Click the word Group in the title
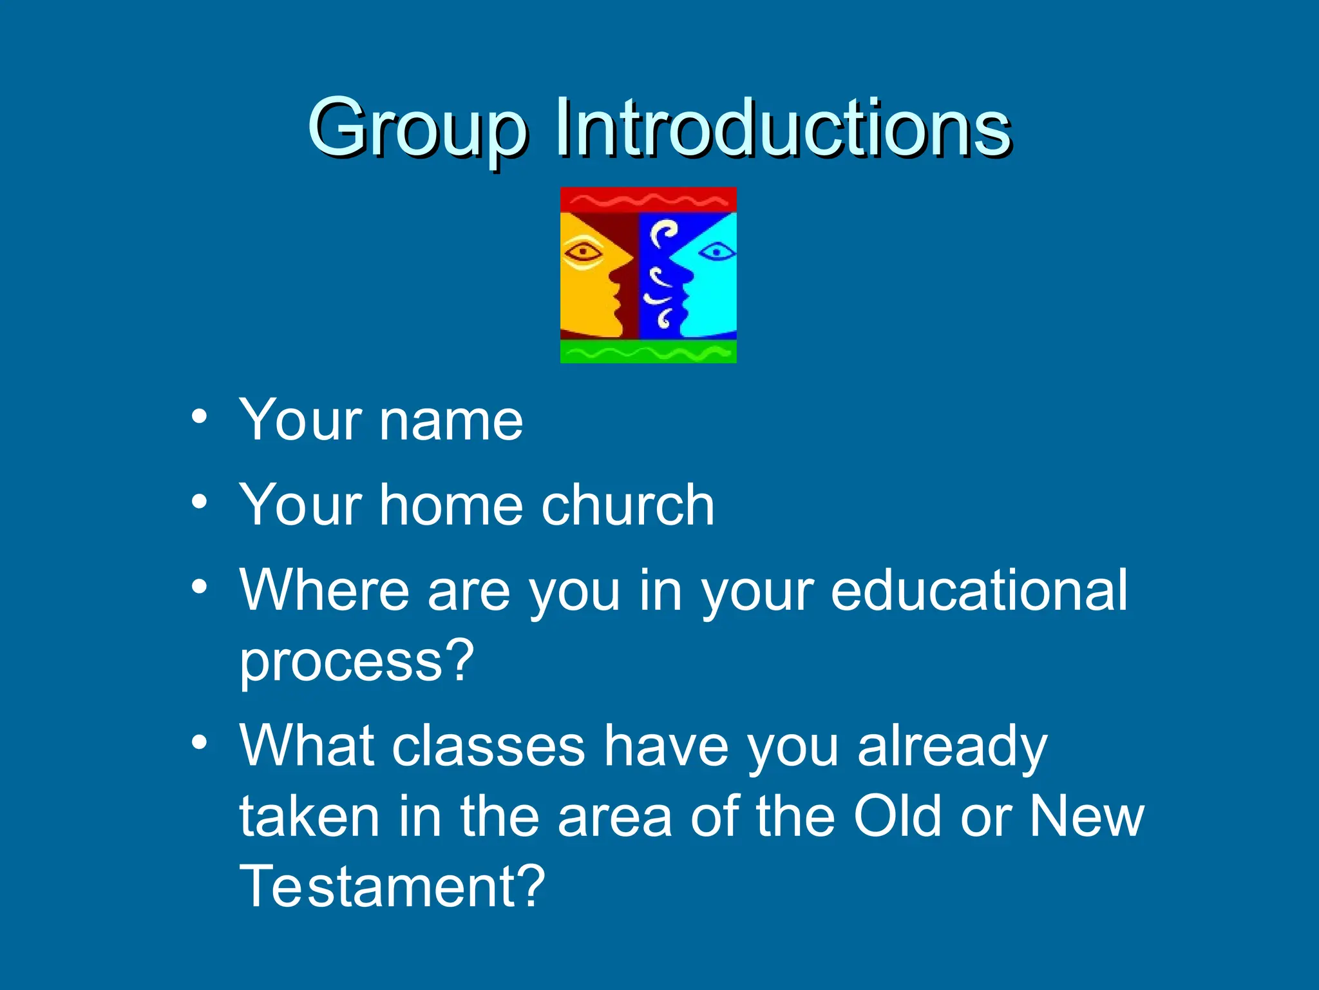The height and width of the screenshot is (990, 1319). pyautogui.click(x=417, y=129)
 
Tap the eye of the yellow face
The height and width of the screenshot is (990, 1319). pyautogui.click(x=583, y=251)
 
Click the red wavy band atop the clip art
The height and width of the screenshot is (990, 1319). pyautogui.click(x=648, y=200)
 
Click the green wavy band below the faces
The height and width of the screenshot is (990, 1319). pyautogui.click(x=648, y=352)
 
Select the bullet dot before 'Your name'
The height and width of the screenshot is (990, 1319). pyautogui.click(x=200, y=416)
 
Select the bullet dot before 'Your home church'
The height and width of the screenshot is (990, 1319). pyautogui.click(x=200, y=501)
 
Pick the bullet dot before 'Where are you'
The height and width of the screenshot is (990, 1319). pyautogui.click(x=200, y=587)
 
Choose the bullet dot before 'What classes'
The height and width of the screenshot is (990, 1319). pyautogui.click(x=200, y=742)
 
